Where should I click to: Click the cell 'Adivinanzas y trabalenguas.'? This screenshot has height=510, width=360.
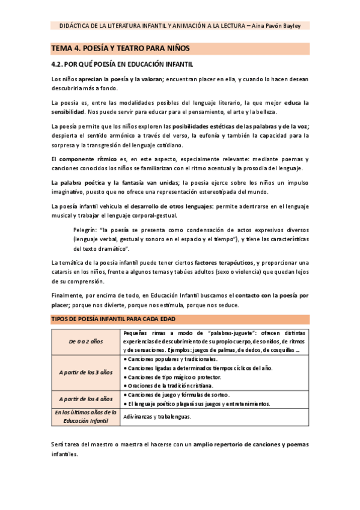pos(157,416)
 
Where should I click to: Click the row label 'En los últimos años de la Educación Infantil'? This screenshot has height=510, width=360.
pos(85,416)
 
